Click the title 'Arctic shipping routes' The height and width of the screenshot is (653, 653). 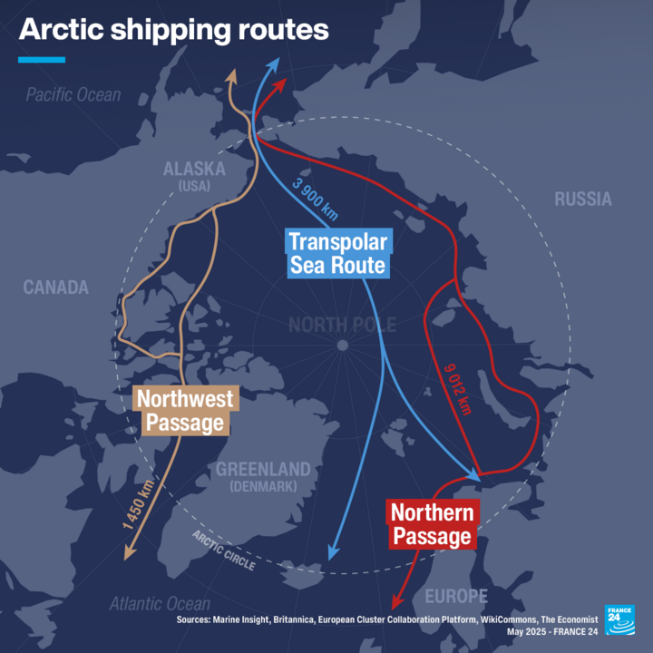[173, 29]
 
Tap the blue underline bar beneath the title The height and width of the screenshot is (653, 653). [42, 60]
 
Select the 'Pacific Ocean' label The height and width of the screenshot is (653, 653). [73, 94]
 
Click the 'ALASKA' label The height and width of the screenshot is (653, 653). [193, 170]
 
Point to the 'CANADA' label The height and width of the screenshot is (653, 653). [56, 288]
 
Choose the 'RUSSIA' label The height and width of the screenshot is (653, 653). [583, 199]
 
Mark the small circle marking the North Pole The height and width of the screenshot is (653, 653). [342, 346]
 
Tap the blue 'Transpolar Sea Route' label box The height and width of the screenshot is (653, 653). [337, 254]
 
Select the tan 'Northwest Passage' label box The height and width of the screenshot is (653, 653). [184, 410]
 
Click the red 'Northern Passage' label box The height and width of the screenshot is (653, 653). [431, 524]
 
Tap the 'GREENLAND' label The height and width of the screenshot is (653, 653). [263, 470]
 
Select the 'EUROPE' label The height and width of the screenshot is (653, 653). [455, 596]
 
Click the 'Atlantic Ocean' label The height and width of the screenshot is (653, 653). [160, 604]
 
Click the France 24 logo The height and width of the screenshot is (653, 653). [620, 619]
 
